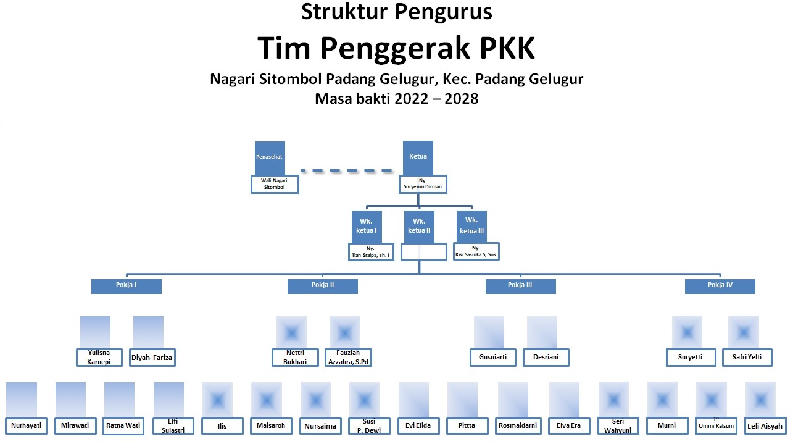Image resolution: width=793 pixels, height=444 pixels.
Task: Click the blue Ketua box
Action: pyautogui.click(x=418, y=157)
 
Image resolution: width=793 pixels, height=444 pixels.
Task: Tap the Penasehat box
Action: pyautogui.click(x=269, y=157)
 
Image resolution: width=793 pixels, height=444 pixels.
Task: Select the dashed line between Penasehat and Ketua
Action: pyautogui.click(x=346, y=170)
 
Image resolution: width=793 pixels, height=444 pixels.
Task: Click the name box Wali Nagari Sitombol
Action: pyautogui.click(x=275, y=184)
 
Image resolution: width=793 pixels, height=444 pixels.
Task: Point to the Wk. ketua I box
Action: pyautogui.click(x=367, y=226)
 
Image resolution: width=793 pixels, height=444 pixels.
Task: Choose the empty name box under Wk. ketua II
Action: pyautogui.click(x=423, y=252)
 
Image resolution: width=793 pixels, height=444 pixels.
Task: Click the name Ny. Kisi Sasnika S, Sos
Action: pyautogui.click(x=476, y=251)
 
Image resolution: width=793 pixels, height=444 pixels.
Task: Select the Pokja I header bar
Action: pyautogui.click(x=127, y=286)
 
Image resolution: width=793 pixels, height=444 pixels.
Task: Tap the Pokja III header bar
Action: pyautogui.click(x=520, y=286)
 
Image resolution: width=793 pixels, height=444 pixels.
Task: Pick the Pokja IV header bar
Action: pyautogui.click(x=720, y=286)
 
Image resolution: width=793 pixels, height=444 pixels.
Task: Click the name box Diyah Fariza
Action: pyautogui.click(x=152, y=357)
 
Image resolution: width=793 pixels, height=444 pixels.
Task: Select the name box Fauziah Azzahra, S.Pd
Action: pyautogui.click(x=349, y=358)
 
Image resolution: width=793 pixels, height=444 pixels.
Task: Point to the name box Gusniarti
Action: pyautogui.click(x=492, y=357)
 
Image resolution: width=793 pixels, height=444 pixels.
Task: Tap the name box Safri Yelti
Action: pyautogui.click(x=747, y=357)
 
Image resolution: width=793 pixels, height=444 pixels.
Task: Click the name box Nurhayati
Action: pyautogui.click(x=27, y=425)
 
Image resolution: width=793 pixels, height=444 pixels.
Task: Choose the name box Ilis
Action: pyautogui.click(x=222, y=425)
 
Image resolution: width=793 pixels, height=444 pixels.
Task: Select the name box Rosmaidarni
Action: pyautogui.click(x=517, y=425)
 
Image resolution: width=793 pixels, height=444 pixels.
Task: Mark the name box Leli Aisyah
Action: pyautogui.click(x=764, y=425)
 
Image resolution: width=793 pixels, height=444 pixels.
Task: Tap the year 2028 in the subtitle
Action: pyautogui.click(x=458, y=98)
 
